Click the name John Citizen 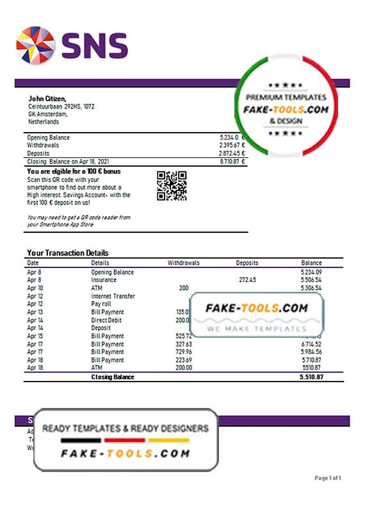(47, 98)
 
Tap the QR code (171, 185)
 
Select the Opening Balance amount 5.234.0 (229, 137)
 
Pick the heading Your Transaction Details (68, 253)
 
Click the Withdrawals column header (184, 263)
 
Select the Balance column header (312, 263)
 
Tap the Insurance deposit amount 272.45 (247, 280)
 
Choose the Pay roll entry (102, 304)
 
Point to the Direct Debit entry (107, 320)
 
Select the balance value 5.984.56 (311, 352)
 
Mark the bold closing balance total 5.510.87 (311, 377)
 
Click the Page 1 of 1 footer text (331, 478)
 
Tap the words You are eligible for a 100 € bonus (74, 172)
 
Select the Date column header (33, 263)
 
